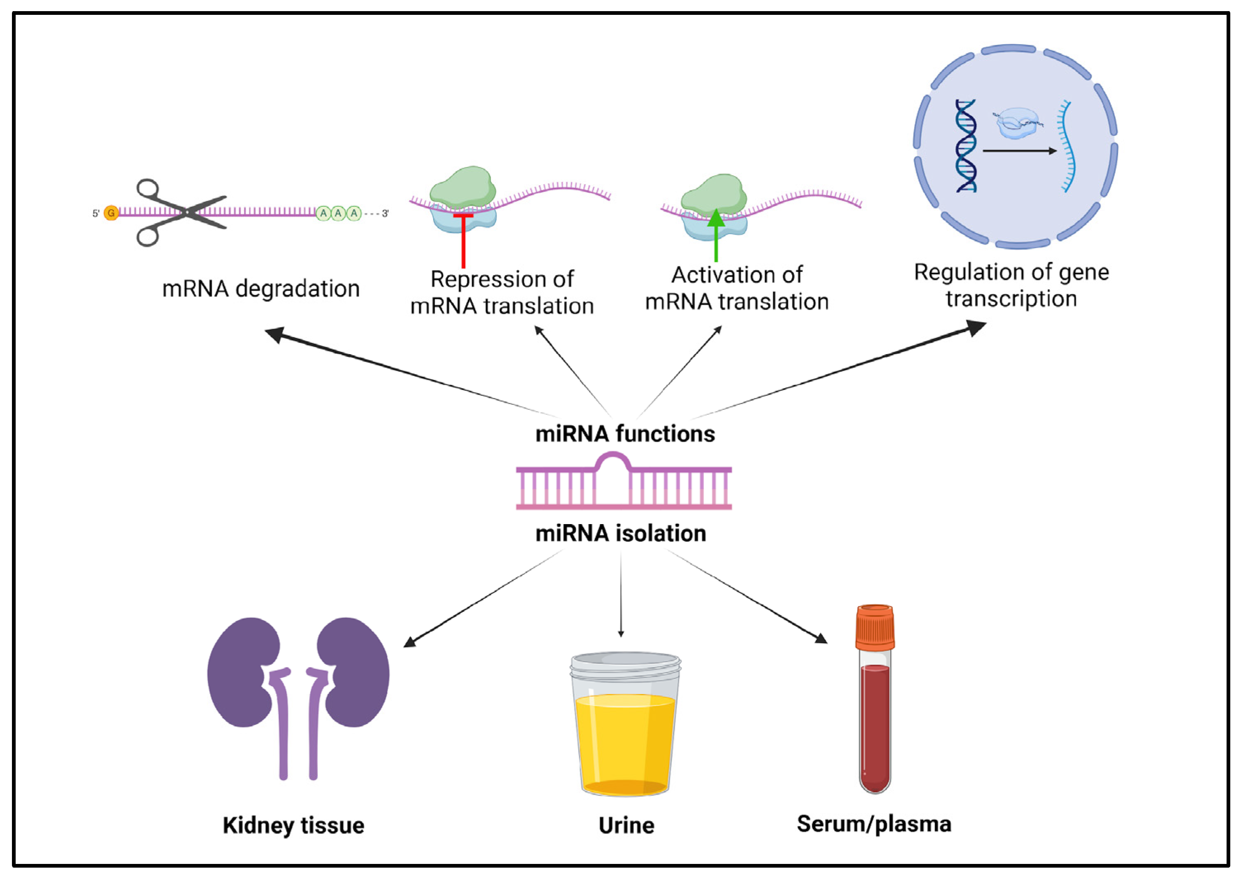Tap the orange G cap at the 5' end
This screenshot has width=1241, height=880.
tap(111, 213)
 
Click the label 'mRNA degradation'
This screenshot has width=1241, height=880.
tap(261, 289)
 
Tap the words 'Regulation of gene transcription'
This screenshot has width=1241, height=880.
tap(1011, 285)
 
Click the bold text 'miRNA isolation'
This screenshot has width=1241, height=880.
tap(621, 534)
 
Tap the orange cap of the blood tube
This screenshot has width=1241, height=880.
tap(875, 628)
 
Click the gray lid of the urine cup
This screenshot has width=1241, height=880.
tap(625, 664)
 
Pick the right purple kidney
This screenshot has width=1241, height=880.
tap(354, 672)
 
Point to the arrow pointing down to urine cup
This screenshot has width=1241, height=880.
tap(621, 596)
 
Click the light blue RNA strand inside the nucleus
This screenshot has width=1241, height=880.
tap(1067, 146)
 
